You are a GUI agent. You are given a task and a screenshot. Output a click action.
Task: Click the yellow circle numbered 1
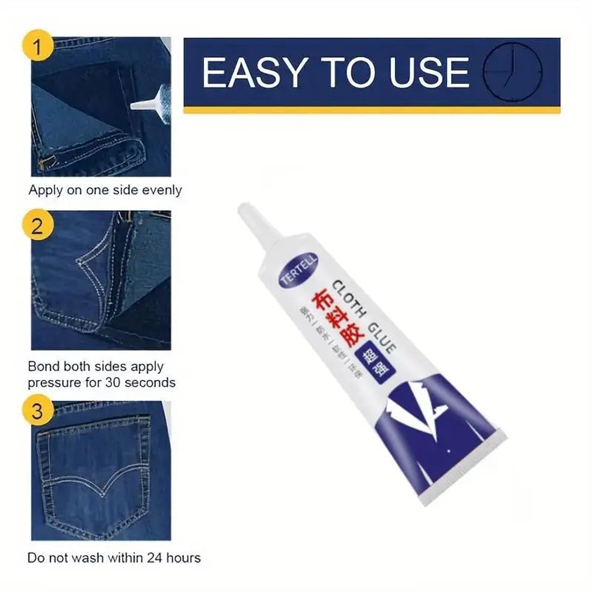(37, 49)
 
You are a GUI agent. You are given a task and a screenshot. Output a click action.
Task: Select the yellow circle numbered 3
(37, 411)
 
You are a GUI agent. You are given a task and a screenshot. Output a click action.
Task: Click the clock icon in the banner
(514, 73)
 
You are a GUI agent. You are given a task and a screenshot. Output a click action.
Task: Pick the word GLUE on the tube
(381, 336)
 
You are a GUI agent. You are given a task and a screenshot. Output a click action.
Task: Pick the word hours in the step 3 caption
(183, 558)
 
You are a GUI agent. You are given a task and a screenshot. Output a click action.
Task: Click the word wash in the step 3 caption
(96, 558)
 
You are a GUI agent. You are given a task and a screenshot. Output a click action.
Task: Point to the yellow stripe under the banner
(372, 110)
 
